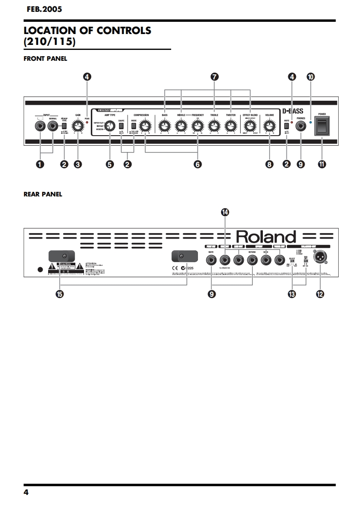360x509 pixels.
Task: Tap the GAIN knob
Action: coord(78,127)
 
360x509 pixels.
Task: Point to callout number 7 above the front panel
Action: coord(215,77)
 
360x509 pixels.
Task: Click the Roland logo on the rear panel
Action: coord(266,237)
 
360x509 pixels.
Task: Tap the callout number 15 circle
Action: coord(59,294)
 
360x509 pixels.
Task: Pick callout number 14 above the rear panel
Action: coord(226,212)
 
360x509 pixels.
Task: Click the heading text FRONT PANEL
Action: coord(45,59)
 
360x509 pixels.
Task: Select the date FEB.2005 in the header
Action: coord(44,9)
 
